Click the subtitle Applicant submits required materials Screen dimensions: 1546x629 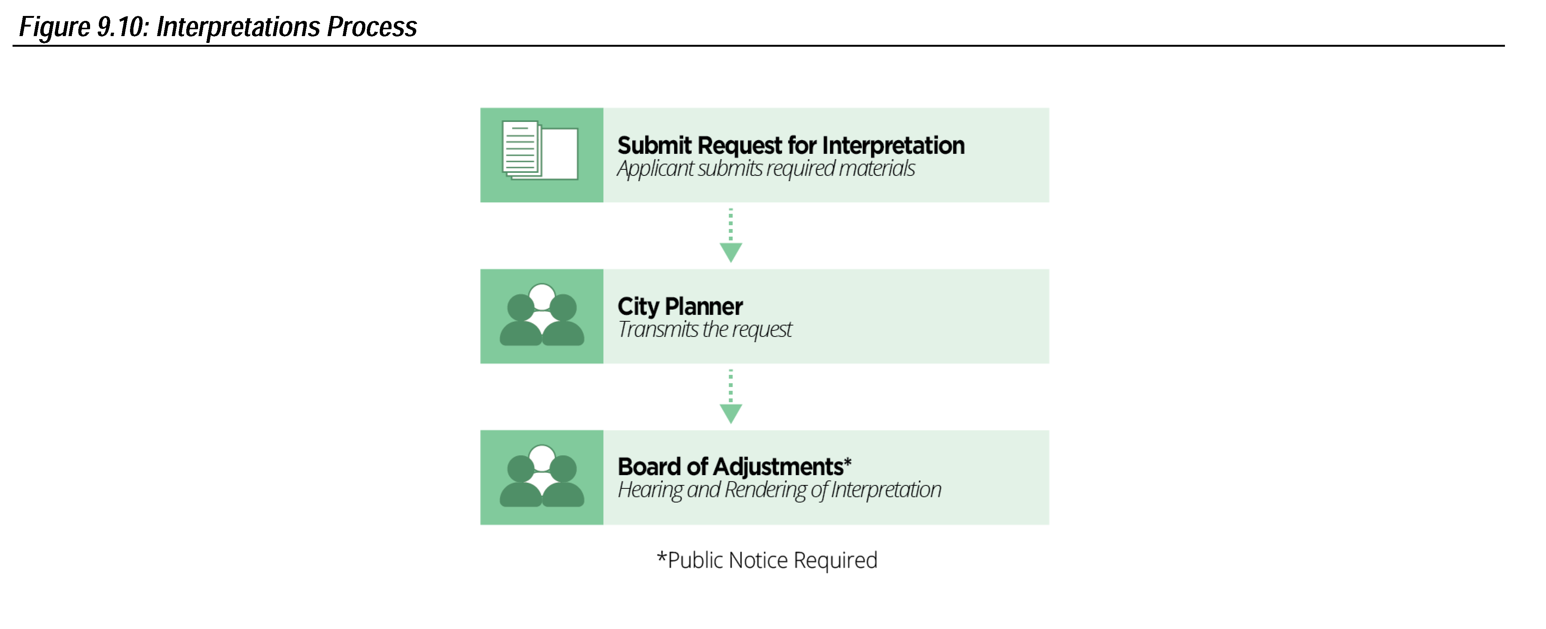pos(765,169)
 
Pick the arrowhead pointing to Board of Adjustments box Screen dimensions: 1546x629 pos(730,414)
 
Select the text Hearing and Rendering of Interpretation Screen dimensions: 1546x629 pos(779,490)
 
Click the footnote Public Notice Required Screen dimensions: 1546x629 pos(767,560)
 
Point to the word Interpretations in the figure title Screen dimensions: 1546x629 pos(237,27)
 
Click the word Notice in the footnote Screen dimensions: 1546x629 pos(757,560)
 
